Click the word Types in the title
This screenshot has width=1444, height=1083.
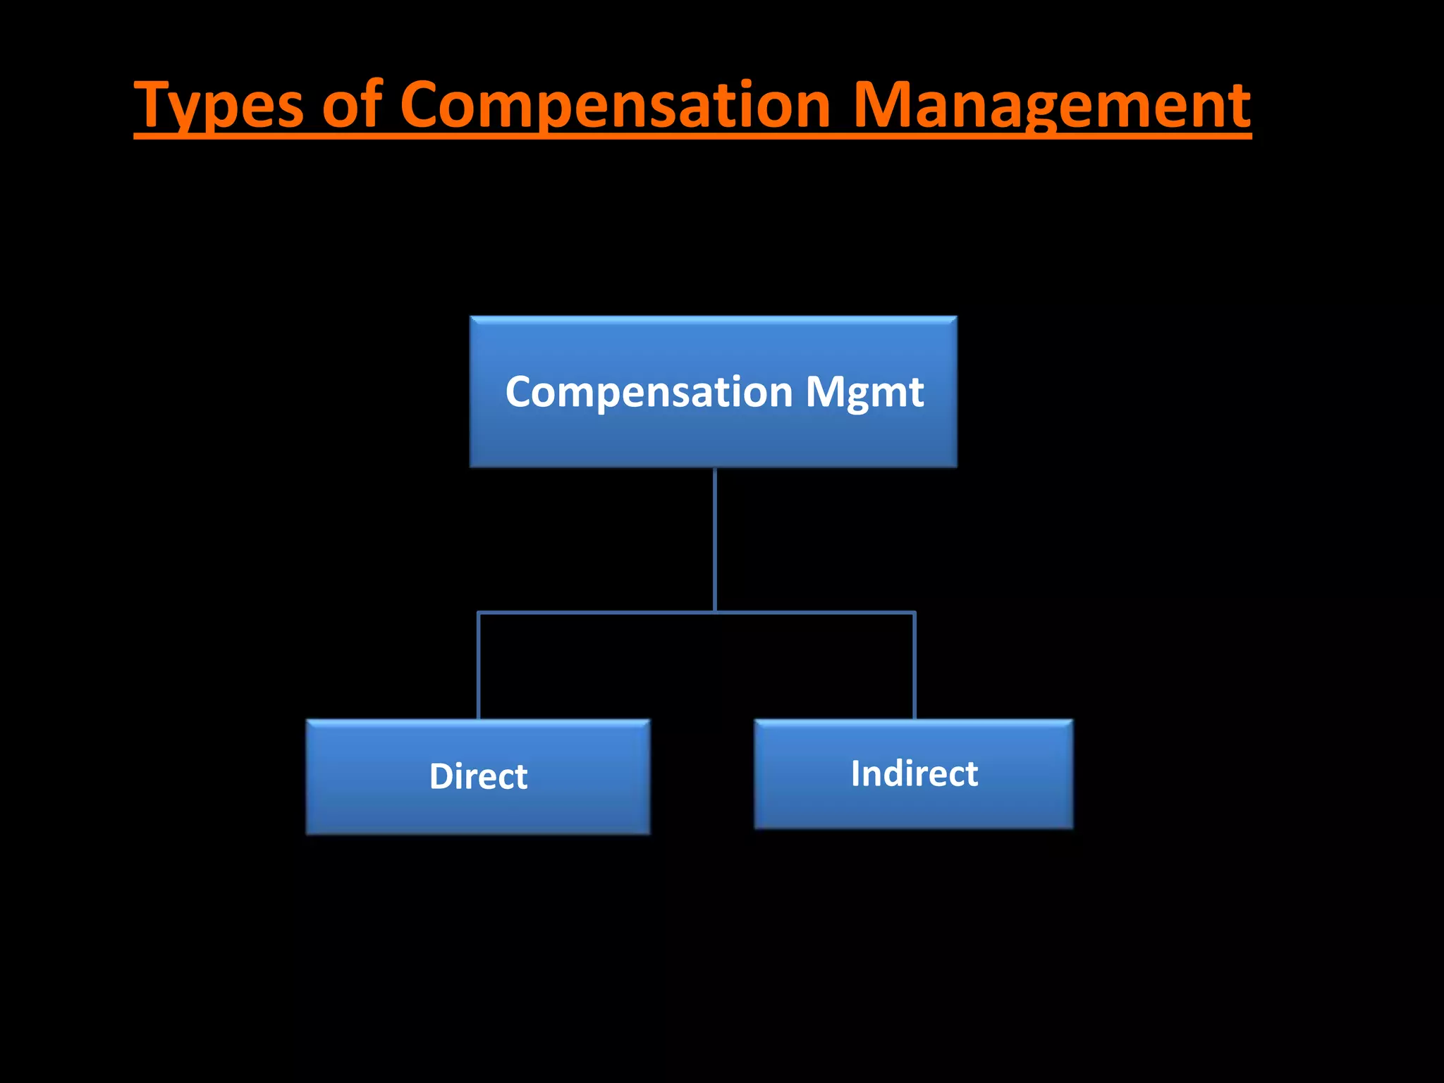coord(219,106)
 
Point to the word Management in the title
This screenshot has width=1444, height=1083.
coord(1051,106)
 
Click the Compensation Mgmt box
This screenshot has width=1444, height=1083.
coord(713,437)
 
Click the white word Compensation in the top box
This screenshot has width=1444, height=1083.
coord(649,392)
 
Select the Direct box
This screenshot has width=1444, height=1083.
coord(478,811)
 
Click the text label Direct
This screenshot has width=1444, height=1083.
coord(478,776)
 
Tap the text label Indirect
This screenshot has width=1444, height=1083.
coord(914,773)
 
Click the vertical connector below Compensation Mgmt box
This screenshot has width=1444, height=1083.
coord(715,539)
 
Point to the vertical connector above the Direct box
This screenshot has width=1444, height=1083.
coord(479,666)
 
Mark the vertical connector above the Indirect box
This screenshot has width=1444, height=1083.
coord(914,666)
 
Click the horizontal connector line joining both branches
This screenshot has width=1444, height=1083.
coord(599,613)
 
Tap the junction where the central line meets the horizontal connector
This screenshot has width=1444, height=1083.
coord(715,613)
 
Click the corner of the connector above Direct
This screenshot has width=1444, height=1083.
coord(479,613)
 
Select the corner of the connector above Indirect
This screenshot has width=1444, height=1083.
coord(914,613)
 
